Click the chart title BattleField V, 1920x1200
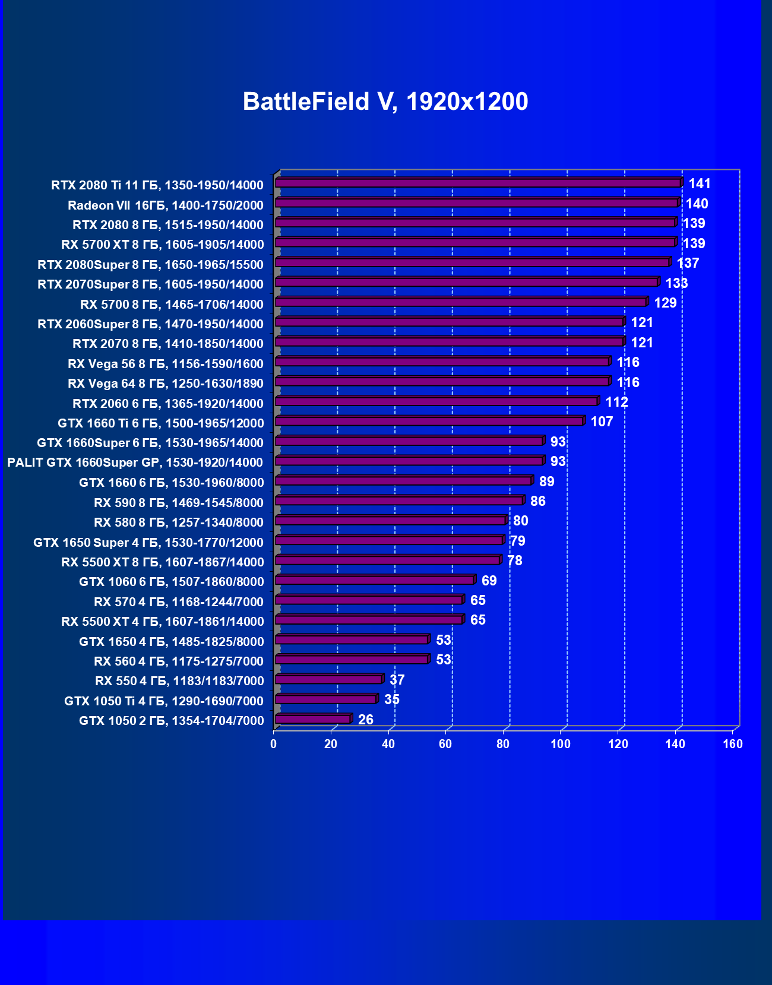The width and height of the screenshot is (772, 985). click(385, 102)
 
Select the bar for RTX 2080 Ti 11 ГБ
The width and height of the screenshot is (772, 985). click(478, 183)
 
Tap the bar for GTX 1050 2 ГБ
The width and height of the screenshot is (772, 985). click(313, 719)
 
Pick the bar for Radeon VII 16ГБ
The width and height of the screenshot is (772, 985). click(476, 203)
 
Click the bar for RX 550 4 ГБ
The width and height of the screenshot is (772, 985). click(328, 679)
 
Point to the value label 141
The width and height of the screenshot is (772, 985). click(700, 183)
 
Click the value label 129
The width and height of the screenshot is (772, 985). click(665, 303)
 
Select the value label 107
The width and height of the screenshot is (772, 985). click(602, 422)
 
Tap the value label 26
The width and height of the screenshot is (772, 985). click(366, 720)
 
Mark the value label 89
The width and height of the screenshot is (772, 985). click(546, 482)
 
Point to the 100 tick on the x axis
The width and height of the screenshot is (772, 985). click(561, 744)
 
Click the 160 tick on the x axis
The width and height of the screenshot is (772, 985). click(733, 744)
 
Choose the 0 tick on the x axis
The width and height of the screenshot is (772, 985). click(273, 744)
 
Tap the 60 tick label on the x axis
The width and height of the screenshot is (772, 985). click(445, 744)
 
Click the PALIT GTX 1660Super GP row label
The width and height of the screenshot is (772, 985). click(135, 463)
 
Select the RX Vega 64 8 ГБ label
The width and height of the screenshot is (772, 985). click(165, 384)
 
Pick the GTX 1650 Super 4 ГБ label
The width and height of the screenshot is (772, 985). click(148, 542)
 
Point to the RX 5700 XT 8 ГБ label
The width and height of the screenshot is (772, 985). click(162, 245)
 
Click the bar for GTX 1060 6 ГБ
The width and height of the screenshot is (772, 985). click(375, 580)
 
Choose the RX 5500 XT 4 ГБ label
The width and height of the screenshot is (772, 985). click(162, 622)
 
